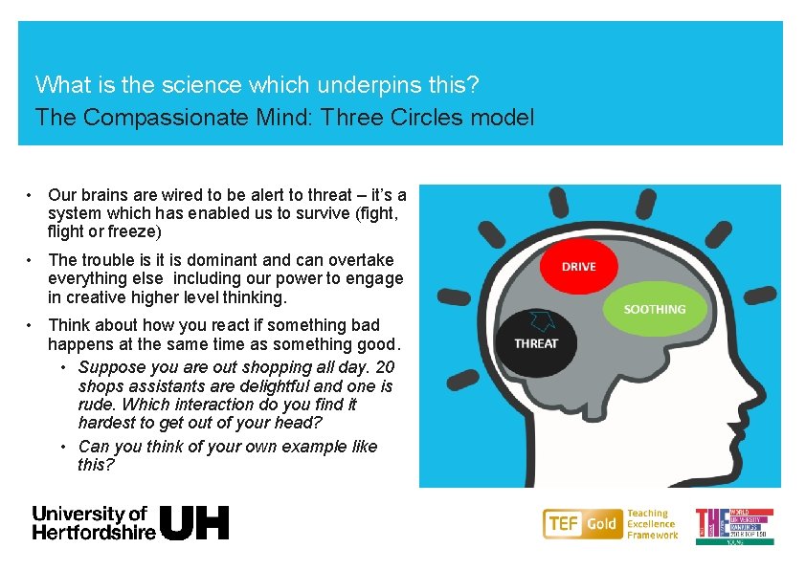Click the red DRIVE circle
[578, 266]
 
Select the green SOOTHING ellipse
[655, 309]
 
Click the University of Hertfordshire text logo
[93, 522]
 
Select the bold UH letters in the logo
[194, 522]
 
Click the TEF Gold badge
[582, 523]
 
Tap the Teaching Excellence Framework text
[651, 524]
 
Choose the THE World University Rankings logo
[734, 526]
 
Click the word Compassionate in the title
[165, 118]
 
